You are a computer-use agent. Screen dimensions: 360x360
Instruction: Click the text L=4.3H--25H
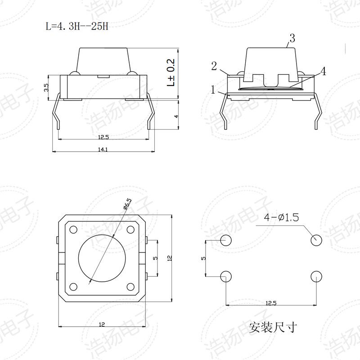(x=77, y=26)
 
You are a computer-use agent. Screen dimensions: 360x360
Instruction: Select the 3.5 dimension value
(x=46, y=87)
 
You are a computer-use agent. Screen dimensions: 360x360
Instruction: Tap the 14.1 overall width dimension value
(x=103, y=149)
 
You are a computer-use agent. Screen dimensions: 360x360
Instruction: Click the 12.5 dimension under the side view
(x=103, y=136)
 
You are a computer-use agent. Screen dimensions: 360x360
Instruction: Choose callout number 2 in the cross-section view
(x=215, y=67)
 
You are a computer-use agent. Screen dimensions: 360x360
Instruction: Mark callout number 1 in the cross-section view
(x=213, y=89)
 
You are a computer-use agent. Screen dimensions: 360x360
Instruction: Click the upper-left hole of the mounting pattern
(x=226, y=240)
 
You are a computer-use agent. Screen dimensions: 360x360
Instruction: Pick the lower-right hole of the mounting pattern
(x=317, y=276)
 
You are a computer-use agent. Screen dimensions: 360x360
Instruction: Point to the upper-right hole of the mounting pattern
(x=317, y=240)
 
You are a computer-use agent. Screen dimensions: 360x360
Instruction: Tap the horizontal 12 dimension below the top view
(x=102, y=324)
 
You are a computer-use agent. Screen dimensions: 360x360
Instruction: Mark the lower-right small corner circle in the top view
(x=130, y=286)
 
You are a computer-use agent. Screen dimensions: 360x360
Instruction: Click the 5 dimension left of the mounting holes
(x=203, y=258)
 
